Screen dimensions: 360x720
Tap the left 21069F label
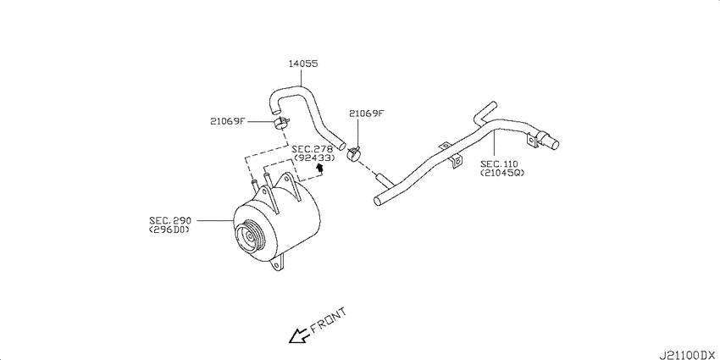pyautogui.click(x=228, y=121)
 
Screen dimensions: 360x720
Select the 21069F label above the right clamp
pyautogui.click(x=366, y=113)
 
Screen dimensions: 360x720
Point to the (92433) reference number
pyautogui.click(x=313, y=158)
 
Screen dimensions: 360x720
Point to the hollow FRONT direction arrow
pyautogui.click(x=298, y=336)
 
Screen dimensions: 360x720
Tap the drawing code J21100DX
pyautogui.click(x=688, y=350)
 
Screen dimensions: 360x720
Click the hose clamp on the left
pyautogui.click(x=279, y=125)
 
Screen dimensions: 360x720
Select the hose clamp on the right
pyautogui.click(x=357, y=152)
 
